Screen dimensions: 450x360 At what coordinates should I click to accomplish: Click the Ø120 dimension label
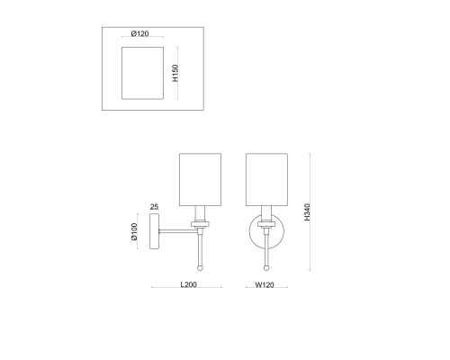[x=139, y=33]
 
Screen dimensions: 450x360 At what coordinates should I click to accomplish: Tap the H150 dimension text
[x=175, y=73]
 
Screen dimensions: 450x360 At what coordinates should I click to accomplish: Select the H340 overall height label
[x=307, y=212]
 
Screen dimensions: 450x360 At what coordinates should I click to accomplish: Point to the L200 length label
[x=188, y=284]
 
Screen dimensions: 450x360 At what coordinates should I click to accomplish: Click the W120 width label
[x=265, y=284]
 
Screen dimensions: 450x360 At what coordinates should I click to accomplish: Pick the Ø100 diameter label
[x=134, y=231]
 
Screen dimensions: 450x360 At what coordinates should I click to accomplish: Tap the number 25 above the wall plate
[x=154, y=207]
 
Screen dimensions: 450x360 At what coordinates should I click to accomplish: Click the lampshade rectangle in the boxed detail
[x=142, y=73]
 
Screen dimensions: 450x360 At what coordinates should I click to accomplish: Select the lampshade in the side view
[x=200, y=180]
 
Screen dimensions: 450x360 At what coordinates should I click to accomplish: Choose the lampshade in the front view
[x=266, y=180]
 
